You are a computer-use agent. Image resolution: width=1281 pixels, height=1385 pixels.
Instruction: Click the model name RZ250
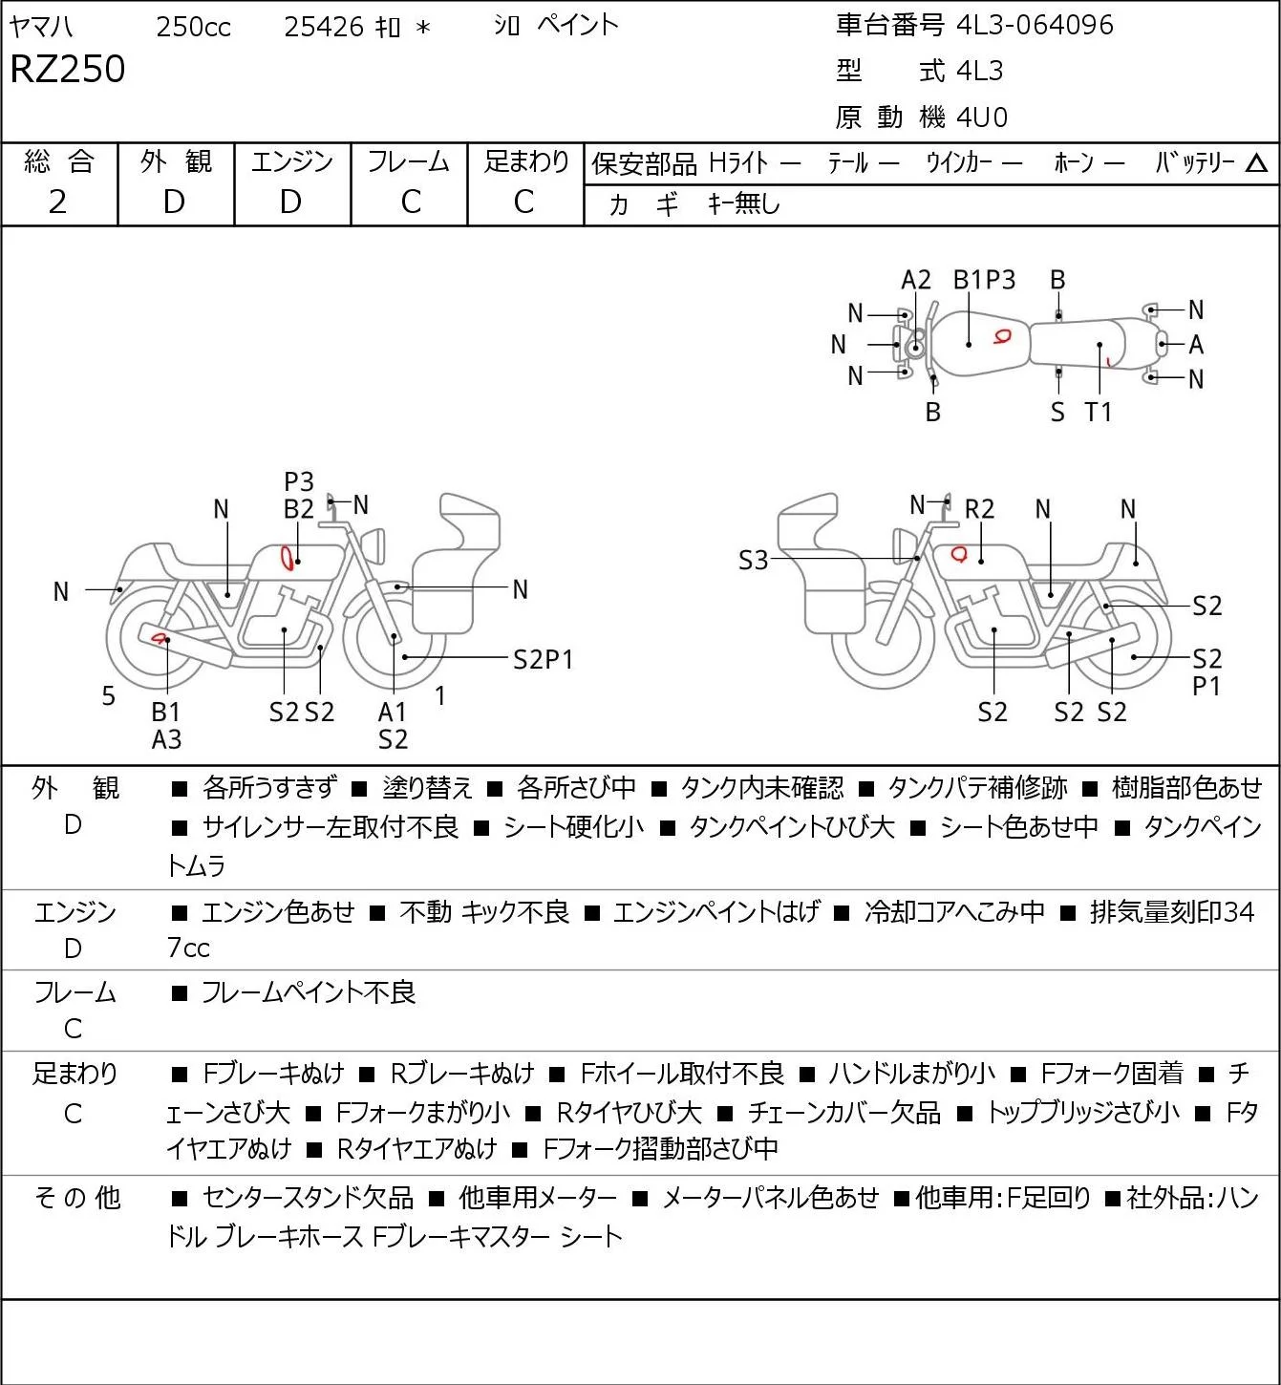(68, 69)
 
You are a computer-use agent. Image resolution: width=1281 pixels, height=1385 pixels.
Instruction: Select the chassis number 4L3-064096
(1035, 25)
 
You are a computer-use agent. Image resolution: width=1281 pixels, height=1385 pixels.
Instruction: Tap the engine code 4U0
(982, 117)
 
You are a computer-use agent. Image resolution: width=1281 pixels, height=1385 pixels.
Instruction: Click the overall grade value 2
(58, 202)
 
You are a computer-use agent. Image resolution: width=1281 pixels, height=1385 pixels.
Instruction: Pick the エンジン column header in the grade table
(292, 161)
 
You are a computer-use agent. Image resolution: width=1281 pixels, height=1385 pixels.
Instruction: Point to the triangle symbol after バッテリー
(1256, 163)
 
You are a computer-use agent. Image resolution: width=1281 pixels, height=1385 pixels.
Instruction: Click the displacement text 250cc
(193, 27)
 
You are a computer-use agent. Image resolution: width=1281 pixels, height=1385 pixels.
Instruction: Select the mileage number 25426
(324, 27)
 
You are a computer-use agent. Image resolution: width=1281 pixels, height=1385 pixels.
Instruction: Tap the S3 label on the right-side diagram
(753, 560)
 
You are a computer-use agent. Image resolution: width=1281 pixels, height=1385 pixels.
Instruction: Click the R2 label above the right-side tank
(979, 509)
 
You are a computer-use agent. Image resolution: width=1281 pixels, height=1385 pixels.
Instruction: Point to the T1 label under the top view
(1099, 412)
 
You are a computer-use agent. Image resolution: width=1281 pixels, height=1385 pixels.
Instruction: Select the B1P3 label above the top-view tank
(985, 280)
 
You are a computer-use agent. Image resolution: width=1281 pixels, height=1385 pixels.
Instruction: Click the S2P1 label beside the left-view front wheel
(543, 659)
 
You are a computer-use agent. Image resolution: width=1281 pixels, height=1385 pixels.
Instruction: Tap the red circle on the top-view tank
(1002, 337)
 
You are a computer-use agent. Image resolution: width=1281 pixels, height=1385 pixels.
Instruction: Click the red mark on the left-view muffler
(160, 638)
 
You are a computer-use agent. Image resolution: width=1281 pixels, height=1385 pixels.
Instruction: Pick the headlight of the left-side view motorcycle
(374, 545)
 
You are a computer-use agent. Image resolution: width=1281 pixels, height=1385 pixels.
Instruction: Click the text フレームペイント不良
(309, 991)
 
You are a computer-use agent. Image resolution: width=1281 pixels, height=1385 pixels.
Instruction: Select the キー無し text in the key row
(744, 203)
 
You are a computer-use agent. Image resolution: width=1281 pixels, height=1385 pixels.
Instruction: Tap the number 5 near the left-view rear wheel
(108, 695)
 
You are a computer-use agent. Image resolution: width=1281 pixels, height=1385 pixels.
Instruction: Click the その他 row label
(77, 1198)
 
